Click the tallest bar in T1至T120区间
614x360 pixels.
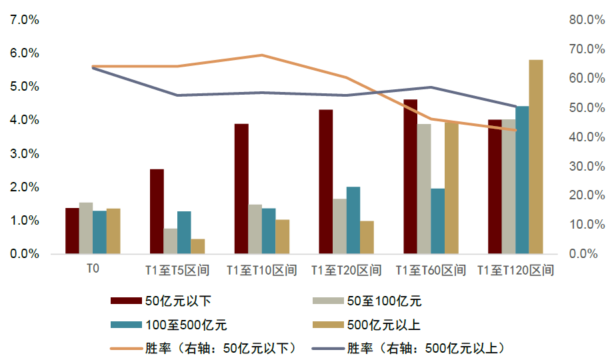[535, 157]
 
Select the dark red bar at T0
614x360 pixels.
[72, 231]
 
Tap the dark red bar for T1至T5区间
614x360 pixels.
[157, 211]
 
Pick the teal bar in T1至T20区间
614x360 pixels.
[353, 220]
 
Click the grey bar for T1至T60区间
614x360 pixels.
[424, 189]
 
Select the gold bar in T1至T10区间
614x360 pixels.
[282, 237]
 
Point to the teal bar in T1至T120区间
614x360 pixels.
[521, 180]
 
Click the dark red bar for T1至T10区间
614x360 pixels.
[241, 189]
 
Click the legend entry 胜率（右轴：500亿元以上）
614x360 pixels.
[424, 348]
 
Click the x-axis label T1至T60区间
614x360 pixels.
[431, 271]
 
